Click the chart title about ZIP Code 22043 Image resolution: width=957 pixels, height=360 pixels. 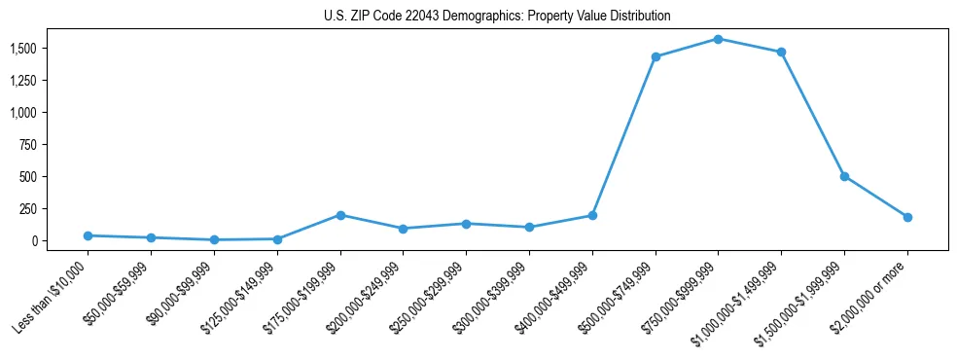tap(497, 17)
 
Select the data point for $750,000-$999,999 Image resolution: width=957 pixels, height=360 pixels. tap(718, 39)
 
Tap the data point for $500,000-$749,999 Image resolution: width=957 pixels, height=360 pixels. tap(656, 56)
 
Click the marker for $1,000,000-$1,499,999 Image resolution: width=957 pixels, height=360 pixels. tap(781, 52)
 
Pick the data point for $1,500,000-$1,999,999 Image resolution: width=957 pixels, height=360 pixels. tap(844, 176)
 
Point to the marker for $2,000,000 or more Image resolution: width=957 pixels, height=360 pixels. tap(907, 217)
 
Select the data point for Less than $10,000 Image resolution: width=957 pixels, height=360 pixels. tap(89, 235)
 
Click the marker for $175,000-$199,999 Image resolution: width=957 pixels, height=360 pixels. tap(340, 215)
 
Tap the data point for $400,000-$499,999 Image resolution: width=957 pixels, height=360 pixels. tap(592, 216)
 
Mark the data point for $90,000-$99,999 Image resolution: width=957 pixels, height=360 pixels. tap(214, 239)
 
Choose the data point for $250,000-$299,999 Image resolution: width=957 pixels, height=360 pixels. tap(466, 224)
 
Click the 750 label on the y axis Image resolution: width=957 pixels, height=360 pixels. tap(28, 144)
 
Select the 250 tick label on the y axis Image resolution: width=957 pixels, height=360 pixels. tap(28, 208)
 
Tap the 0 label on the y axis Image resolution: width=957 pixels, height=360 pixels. tap(34, 240)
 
